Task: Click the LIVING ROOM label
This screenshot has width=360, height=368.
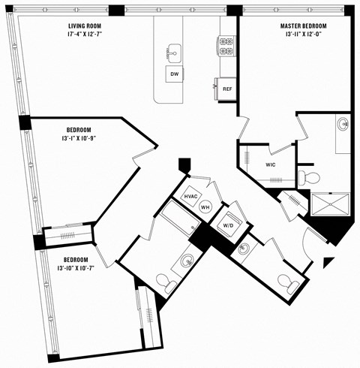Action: pos(83,26)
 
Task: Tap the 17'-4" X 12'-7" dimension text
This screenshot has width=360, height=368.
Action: pos(83,34)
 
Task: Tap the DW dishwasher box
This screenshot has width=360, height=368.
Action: pos(174,74)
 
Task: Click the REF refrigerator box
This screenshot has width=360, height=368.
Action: pos(227,88)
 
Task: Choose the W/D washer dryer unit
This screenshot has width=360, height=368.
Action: pos(227,224)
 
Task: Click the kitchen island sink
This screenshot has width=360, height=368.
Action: pos(174,53)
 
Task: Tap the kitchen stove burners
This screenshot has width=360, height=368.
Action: pos(226,48)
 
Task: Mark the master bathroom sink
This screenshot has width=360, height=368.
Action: pos(343,124)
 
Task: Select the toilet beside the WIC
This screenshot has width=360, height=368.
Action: pos(309,178)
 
